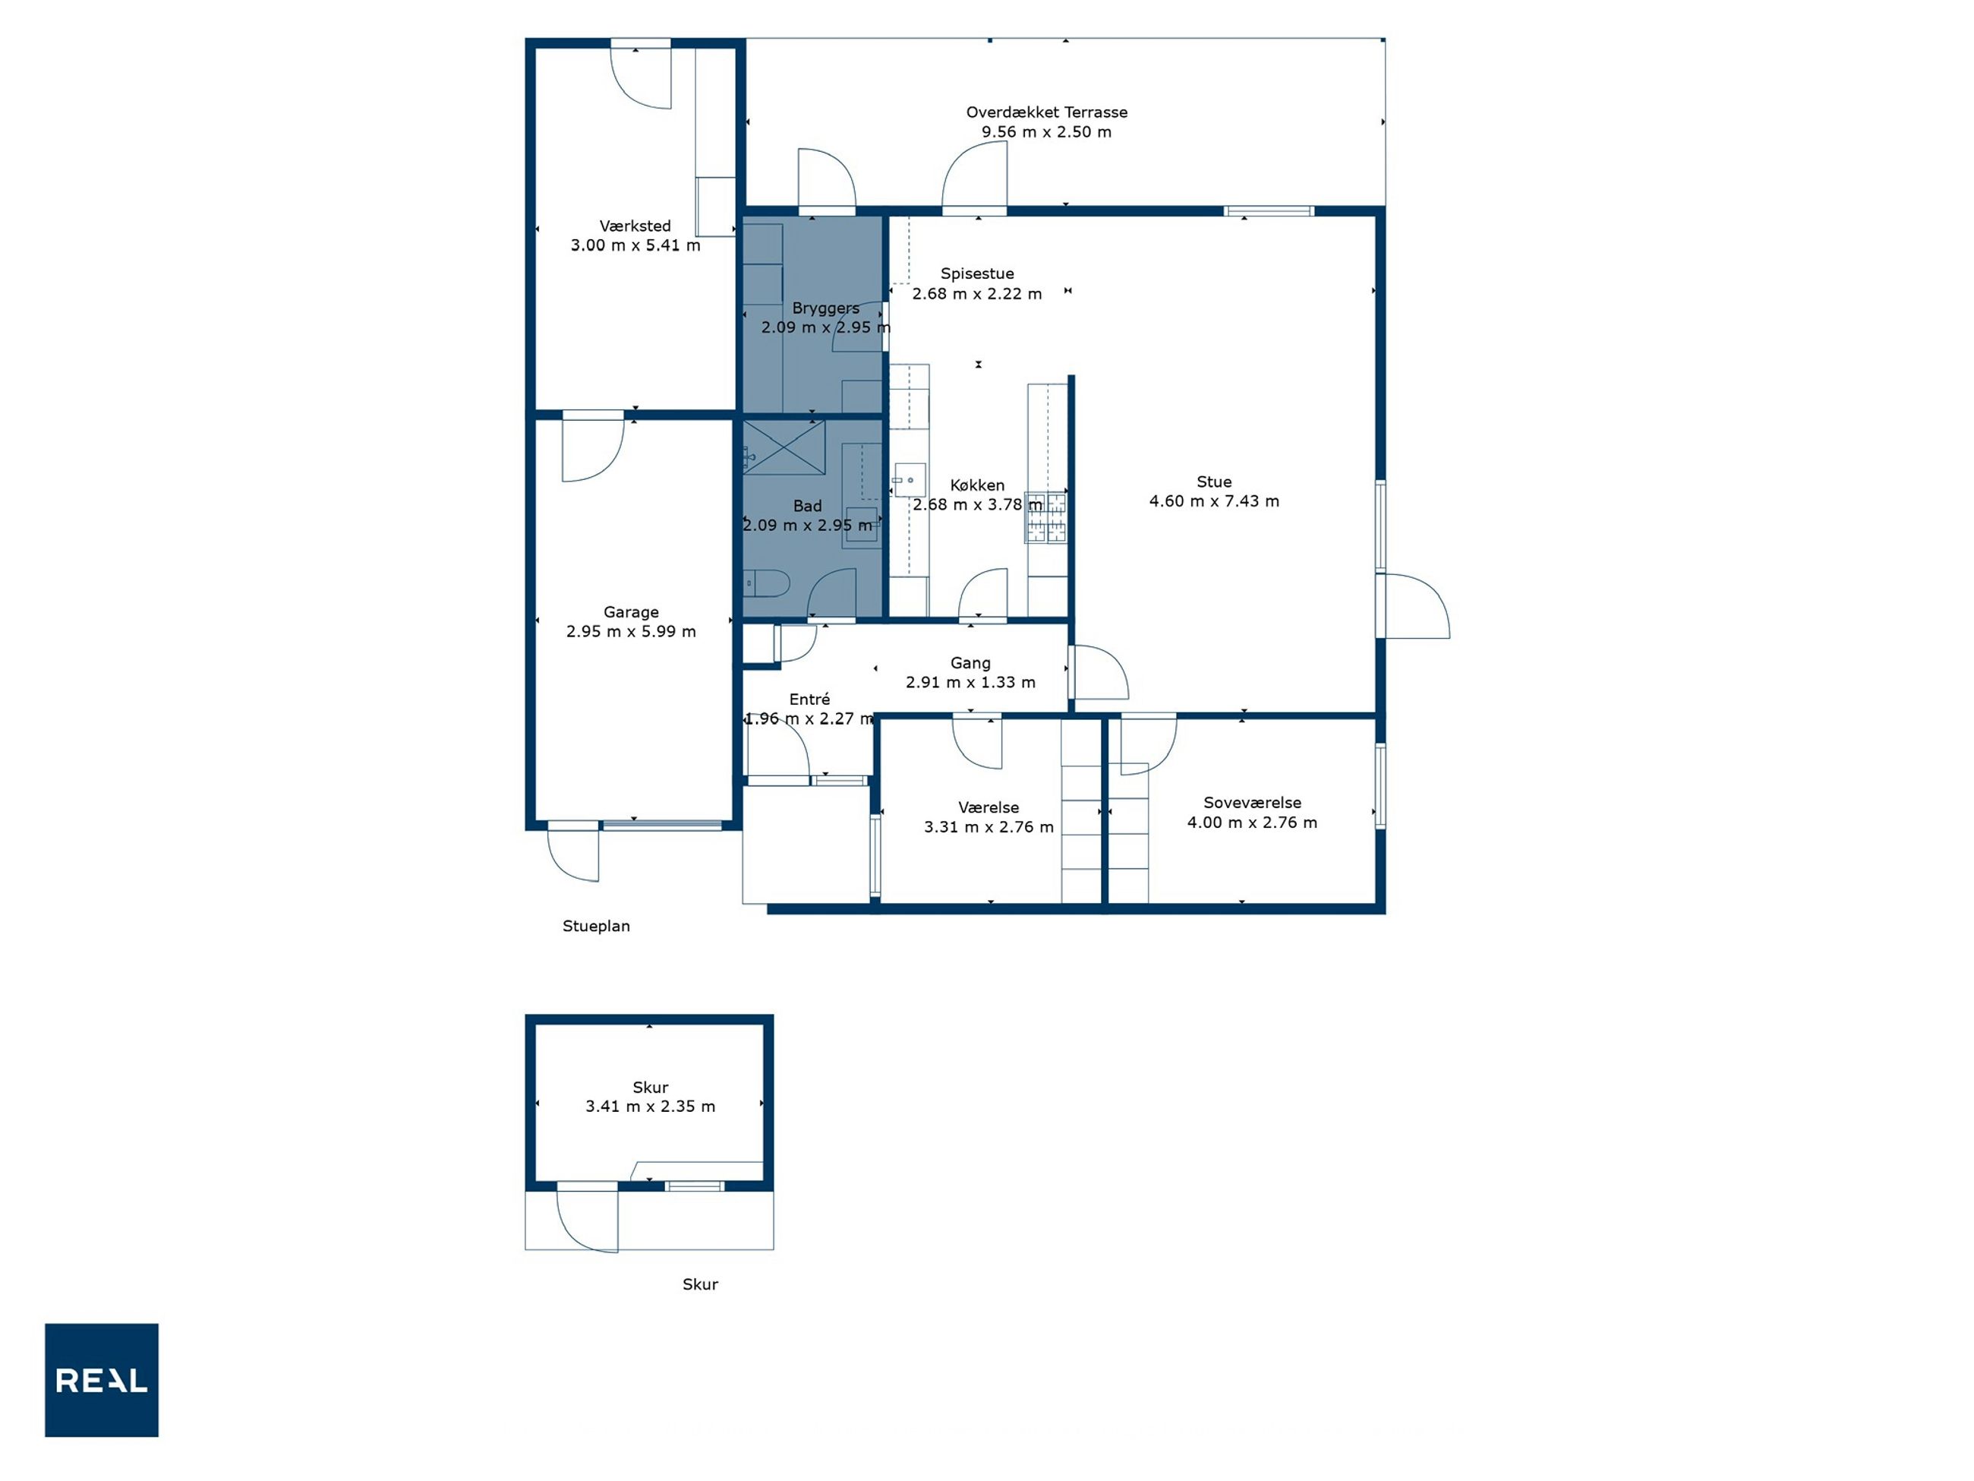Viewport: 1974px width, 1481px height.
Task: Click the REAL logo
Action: pos(102,1380)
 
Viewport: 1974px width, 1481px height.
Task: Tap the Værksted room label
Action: pos(635,226)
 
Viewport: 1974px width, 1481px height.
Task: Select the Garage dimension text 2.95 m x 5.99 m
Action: pos(631,631)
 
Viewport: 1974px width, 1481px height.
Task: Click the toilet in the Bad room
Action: pos(767,583)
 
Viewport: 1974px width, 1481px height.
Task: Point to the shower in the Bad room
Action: pos(784,447)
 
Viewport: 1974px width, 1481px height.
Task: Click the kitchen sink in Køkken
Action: pos(910,480)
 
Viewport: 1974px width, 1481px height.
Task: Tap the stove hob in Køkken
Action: pos(1046,517)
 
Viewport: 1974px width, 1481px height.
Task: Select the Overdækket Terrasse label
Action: pos(1047,112)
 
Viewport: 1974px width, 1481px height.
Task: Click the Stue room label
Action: pos(1214,482)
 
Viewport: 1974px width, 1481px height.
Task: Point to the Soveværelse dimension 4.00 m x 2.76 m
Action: pos(1252,823)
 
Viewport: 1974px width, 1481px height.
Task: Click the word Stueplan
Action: pos(596,927)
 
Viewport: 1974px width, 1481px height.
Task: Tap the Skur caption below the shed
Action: pos(701,1284)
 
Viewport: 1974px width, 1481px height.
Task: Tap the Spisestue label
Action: pos(977,273)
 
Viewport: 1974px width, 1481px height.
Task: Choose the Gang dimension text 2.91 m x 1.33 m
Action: pos(971,682)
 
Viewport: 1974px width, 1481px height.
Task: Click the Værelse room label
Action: pos(989,807)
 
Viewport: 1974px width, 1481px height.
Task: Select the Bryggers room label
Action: pos(825,309)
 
